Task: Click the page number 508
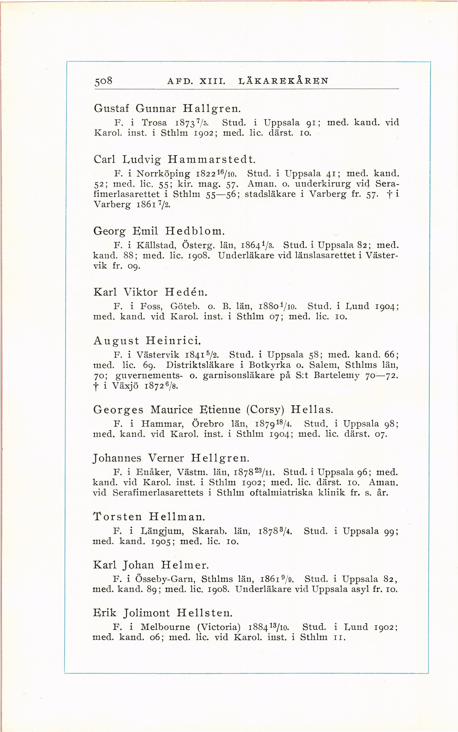pos(104,81)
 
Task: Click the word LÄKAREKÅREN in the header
pos(283,81)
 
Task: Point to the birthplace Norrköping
pos(163,174)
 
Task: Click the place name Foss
pos(151,306)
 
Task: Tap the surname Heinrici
pos(174,341)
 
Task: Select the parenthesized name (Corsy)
pos(265,409)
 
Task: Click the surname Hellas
pos(312,409)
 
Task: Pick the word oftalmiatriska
pos(281,492)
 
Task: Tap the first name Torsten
pos(118,516)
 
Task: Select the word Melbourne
pos(165,627)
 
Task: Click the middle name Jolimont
pos(146,613)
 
